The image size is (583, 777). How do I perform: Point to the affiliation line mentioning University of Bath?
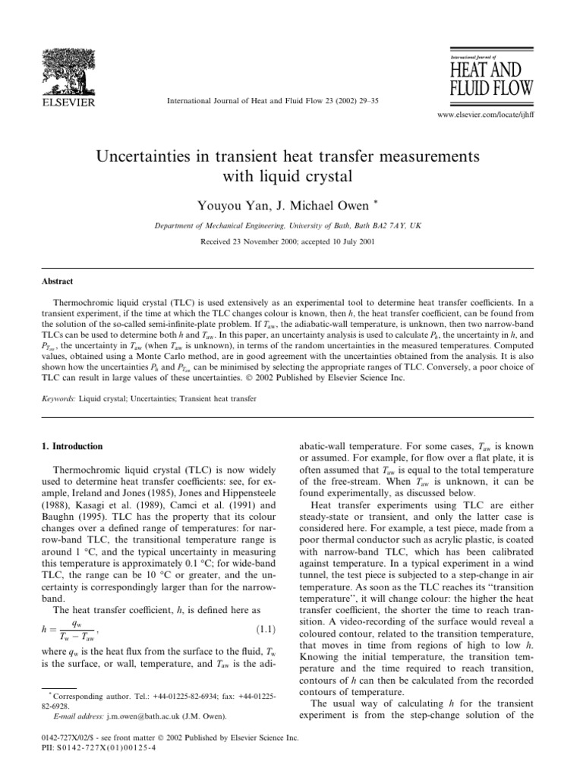(x=290, y=225)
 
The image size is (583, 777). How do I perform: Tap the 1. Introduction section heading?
(x=71, y=446)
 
